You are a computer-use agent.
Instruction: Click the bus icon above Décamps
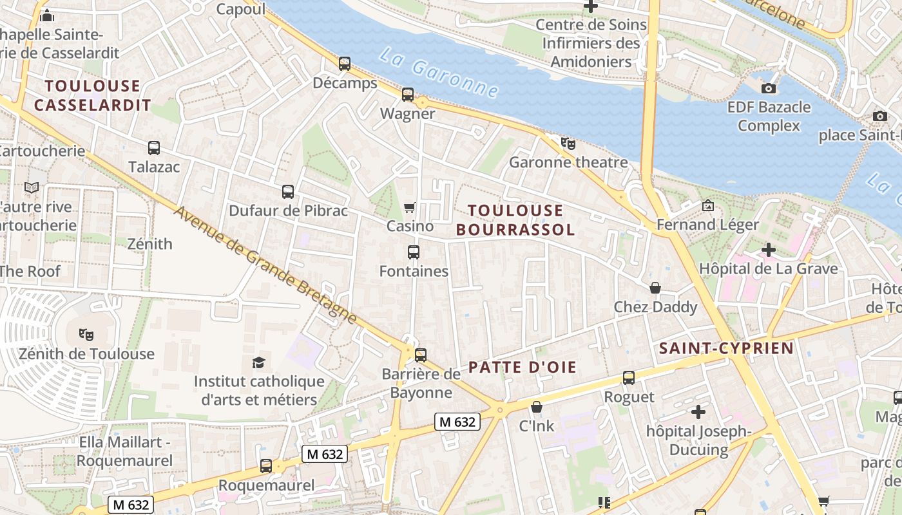click(x=345, y=64)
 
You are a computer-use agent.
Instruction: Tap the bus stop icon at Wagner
click(x=408, y=95)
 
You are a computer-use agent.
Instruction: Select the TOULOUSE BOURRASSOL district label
click(x=515, y=220)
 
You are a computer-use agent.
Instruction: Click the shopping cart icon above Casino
click(x=409, y=207)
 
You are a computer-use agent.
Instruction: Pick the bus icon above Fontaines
click(x=414, y=252)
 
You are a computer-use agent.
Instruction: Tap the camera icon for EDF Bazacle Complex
click(x=769, y=88)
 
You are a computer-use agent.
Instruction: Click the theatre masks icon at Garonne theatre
click(x=568, y=143)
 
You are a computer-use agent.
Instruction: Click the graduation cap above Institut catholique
click(x=258, y=362)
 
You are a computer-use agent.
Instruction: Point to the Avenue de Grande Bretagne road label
click(x=265, y=265)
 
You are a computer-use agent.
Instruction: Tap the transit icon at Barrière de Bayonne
click(x=421, y=355)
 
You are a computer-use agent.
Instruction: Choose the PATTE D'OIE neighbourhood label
click(x=522, y=368)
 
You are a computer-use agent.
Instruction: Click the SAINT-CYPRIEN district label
click(x=726, y=349)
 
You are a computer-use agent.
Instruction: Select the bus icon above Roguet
click(x=629, y=378)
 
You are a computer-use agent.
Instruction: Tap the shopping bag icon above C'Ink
click(x=537, y=407)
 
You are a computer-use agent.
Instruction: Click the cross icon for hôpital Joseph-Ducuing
click(x=698, y=412)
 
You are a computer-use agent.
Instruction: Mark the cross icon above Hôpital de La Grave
click(x=768, y=250)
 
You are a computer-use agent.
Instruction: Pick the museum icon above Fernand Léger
click(x=708, y=205)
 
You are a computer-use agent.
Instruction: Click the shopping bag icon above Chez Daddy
click(x=655, y=288)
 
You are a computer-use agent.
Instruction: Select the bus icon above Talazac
click(x=154, y=148)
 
